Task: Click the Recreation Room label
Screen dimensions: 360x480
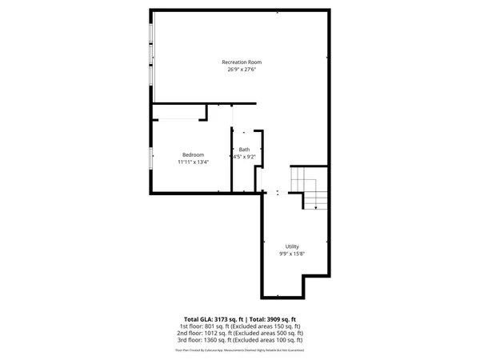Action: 242,62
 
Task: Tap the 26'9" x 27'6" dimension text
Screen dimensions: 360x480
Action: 242,70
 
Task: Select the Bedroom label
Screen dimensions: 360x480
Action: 193,154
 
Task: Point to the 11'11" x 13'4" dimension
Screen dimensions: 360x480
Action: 193,162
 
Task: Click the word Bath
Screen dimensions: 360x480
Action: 244,150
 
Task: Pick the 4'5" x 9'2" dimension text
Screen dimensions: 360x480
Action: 244,157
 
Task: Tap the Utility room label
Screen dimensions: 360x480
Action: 292,246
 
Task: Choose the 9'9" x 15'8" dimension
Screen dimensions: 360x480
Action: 292,254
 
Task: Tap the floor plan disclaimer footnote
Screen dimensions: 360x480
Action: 240,350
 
